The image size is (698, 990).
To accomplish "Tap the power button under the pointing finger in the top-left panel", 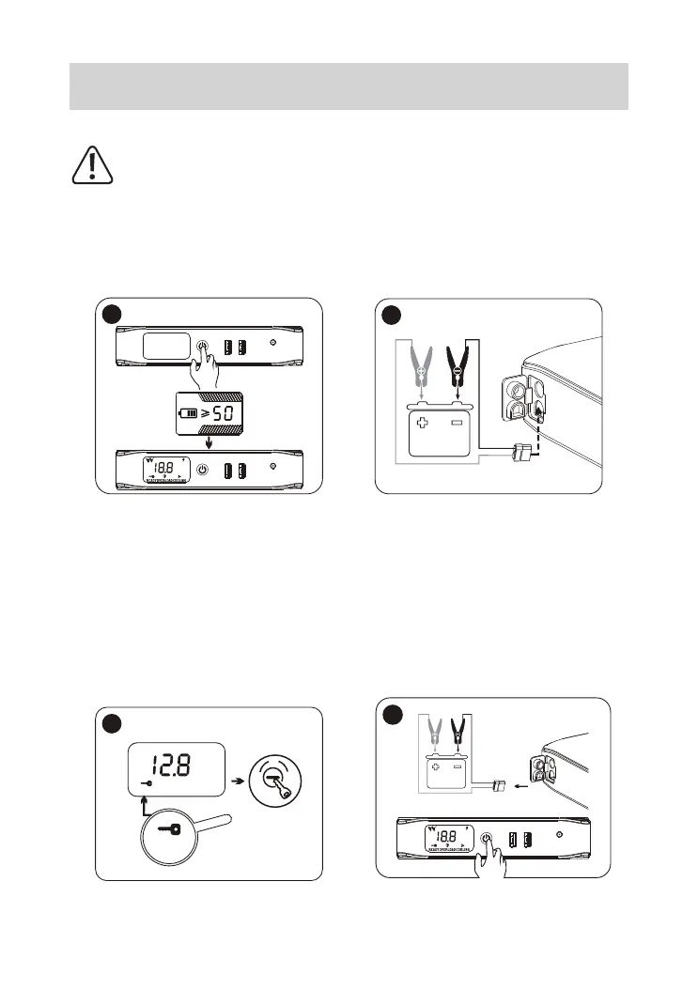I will click(x=202, y=347).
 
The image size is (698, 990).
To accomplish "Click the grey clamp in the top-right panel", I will click(x=420, y=365).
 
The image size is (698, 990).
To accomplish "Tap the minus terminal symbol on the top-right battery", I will click(x=459, y=424).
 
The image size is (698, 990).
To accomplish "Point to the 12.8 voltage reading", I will click(x=174, y=768).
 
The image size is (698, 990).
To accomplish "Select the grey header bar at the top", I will click(x=349, y=86).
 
